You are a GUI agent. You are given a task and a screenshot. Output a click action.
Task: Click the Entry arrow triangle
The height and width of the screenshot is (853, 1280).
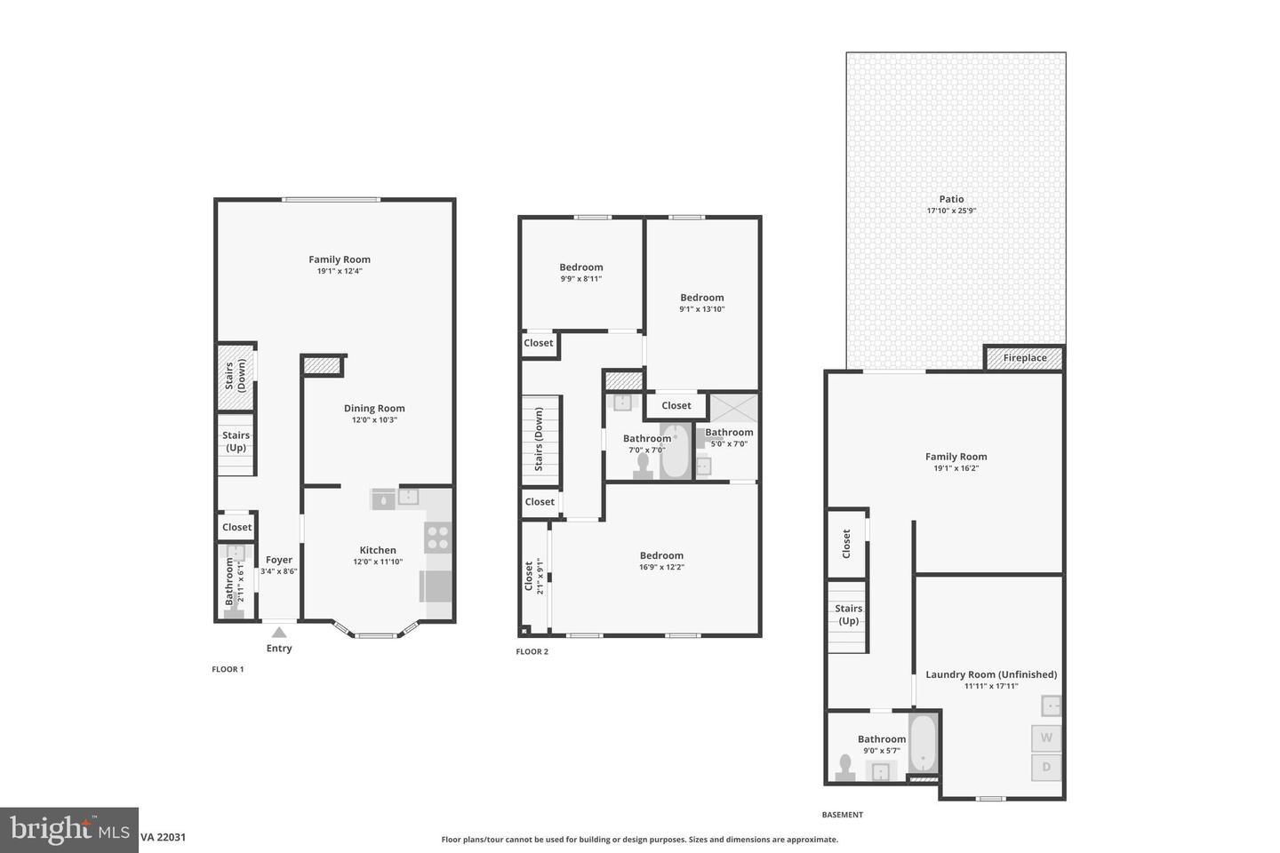(x=279, y=632)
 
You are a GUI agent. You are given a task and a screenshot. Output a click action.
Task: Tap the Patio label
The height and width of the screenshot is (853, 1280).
(x=951, y=200)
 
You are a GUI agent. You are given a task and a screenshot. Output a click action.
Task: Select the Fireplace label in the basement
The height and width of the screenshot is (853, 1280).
(x=1025, y=358)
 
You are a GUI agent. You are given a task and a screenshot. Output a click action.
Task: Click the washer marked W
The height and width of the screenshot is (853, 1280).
(x=1046, y=737)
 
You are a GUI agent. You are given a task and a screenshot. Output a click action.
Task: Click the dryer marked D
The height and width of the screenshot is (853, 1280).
(x=1046, y=767)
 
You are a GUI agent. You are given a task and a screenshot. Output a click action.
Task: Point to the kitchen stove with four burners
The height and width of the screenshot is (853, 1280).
(x=437, y=537)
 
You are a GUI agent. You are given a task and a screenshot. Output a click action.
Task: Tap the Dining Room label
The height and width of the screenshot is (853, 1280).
(x=374, y=409)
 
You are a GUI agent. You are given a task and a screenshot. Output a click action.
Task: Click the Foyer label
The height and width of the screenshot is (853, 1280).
(x=279, y=560)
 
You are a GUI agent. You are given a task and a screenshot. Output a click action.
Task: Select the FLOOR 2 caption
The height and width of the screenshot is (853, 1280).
(x=532, y=652)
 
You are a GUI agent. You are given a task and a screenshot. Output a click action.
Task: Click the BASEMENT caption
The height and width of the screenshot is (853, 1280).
(x=842, y=815)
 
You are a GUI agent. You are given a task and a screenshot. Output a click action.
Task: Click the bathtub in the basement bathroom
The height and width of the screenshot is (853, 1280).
(x=924, y=744)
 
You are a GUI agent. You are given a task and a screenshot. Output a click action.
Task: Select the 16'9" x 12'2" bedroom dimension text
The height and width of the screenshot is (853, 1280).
(x=661, y=568)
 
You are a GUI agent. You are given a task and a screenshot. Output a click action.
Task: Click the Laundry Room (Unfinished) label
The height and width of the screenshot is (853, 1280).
(x=991, y=674)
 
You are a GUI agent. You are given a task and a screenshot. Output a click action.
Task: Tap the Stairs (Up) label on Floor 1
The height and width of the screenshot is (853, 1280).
(x=236, y=442)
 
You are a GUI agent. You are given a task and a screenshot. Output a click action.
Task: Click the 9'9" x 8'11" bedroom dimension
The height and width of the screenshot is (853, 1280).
(x=580, y=279)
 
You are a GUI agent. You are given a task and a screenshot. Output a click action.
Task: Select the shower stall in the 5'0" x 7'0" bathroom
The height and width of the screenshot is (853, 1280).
(x=734, y=408)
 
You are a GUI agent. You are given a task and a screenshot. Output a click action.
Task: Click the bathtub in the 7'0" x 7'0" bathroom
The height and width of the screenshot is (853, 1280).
(x=675, y=451)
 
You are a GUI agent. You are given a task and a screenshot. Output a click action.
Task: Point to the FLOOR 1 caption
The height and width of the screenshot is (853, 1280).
(x=228, y=669)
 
